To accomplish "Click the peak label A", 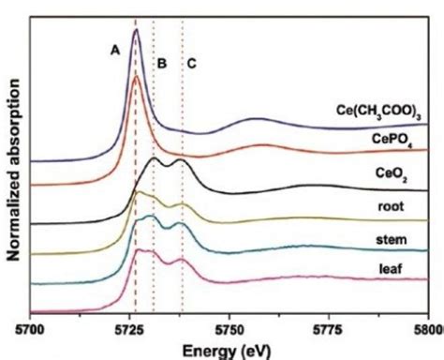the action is coord(115,50).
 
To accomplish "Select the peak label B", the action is coord(162,64).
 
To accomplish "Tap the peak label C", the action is coord(191,64).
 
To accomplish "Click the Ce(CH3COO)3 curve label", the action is coord(378,112).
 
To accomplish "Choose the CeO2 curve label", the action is coord(392,173).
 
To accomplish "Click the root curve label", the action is coord(391,206).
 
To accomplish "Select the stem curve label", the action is coord(392,240).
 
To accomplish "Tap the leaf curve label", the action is coord(391,268).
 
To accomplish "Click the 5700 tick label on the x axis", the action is coord(30,330).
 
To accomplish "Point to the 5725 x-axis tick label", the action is coord(129,330).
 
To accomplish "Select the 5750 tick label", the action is coord(229,330).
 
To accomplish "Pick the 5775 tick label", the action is coord(329,330).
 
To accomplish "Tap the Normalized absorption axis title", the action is coord(14,170).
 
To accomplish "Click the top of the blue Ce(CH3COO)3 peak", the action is coord(136,30).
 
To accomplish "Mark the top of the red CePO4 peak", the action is coord(136,76).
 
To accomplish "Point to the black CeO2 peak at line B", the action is coord(154,158).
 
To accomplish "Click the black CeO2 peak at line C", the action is coord(181,160).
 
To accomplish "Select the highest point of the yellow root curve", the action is coord(139,191).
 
